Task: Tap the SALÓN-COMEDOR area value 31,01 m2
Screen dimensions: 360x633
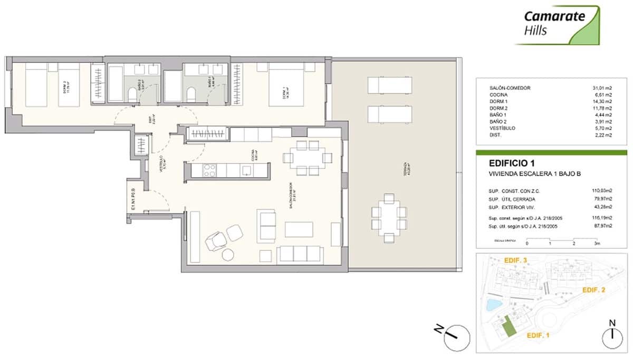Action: [601, 88]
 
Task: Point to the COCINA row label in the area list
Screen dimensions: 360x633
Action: [499, 95]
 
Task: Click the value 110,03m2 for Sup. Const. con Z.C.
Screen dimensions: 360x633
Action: [602, 190]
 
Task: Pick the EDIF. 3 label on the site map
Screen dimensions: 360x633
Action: [516, 260]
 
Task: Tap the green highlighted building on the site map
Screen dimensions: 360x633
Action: [509, 326]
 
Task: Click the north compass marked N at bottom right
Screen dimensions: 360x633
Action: [611, 335]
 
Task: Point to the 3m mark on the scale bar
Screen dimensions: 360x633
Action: [596, 244]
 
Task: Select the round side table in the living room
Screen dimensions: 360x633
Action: [228, 255]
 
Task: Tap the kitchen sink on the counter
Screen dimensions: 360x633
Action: [246, 170]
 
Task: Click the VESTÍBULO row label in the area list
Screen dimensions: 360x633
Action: [502, 128]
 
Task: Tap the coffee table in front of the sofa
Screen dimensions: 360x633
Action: [300, 229]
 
